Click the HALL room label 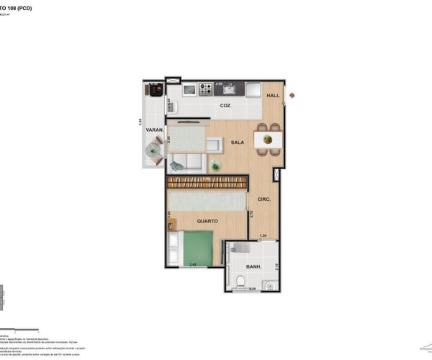[x=273, y=96]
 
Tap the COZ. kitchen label [x=226, y=105]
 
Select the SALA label [x=237, y=143]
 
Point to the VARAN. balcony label [x=155, y=130]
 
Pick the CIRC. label [x=264, y=199]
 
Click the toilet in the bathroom [x=240, y=280]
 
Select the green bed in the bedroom [x=197, y=248]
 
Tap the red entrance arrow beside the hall [x=292, y=95]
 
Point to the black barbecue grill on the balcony [x=155, y=90]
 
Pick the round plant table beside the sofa [x=215, y=166]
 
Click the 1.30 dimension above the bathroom [x=264, y=236]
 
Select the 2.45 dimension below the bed [x=193, y=265]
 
